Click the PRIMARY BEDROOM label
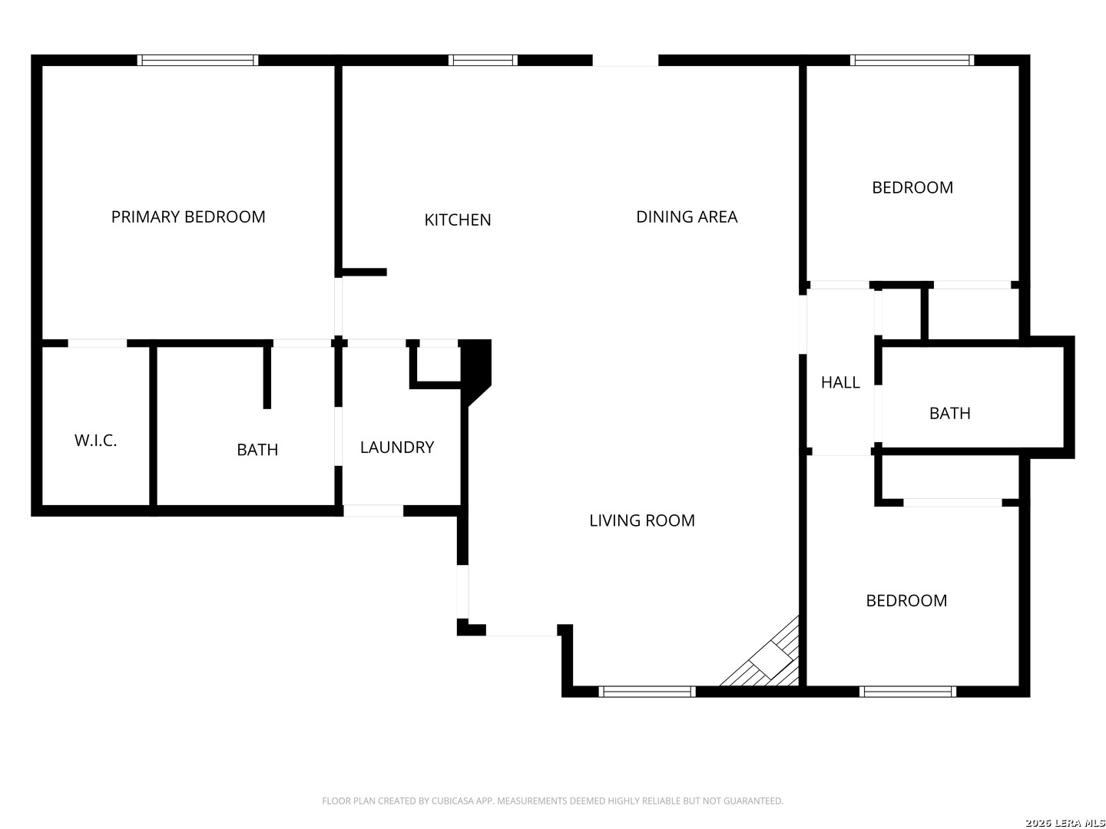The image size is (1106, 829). click(188, 217)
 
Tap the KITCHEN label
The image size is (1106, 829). click(458, 220)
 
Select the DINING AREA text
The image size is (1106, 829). click(687, 217)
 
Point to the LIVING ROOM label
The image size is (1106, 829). click(642, 520)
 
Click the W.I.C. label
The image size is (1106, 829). click(96, 441)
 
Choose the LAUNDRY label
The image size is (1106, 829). click(397, 448)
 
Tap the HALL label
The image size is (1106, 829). click(840, 382)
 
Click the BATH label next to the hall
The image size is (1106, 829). click(950, 414)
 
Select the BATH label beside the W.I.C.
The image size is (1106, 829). click(257, 450)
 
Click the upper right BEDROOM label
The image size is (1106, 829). click(912, 188)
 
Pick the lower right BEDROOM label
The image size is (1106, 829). click(906, 601)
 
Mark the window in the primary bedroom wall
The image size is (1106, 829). click(198, 61)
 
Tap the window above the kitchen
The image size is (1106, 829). click(483, 61)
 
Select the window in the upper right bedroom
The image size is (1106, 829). click(912, 61)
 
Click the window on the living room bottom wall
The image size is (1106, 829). click(647, 692)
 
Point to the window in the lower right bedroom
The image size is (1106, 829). click(908, 692)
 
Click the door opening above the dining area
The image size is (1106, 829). click(625, 61)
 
